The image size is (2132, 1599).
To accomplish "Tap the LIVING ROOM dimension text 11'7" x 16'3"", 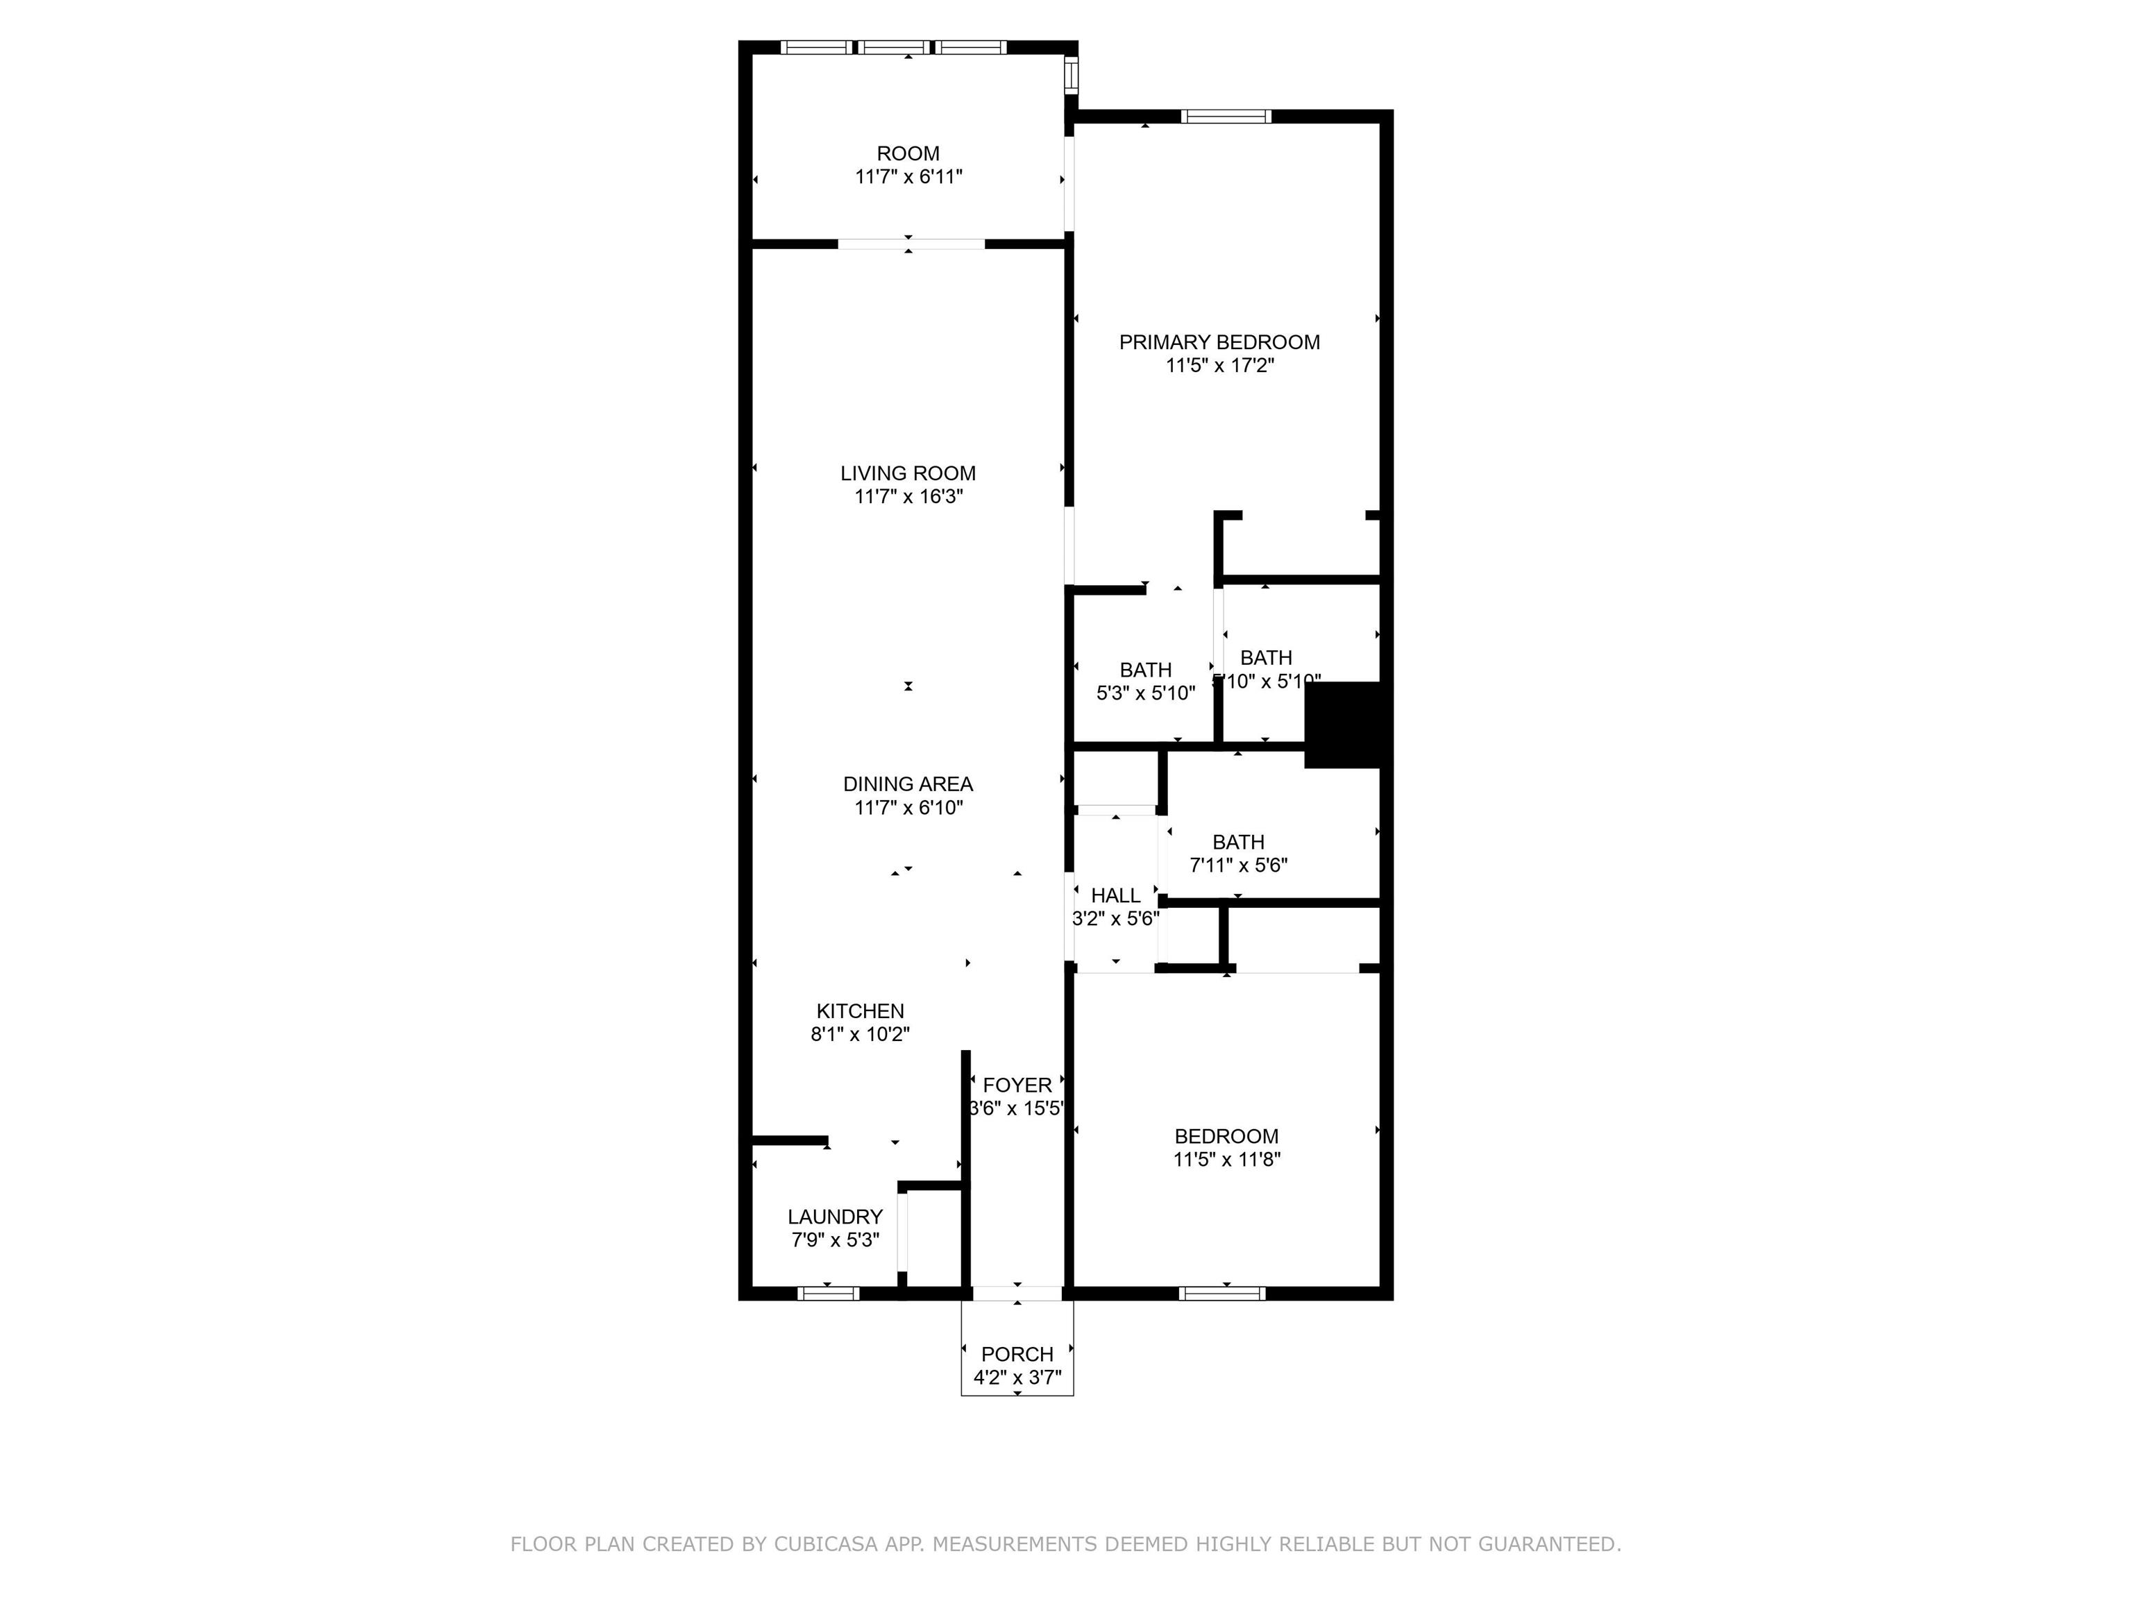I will (908, 496).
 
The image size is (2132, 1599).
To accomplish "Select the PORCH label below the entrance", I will (1017, 1354).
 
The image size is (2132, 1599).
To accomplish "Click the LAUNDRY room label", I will (835, 1217).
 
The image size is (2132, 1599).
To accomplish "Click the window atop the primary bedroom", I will (1226, 117).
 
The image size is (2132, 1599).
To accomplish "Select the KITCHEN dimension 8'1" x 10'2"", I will (860, 1034).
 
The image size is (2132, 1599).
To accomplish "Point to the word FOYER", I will (1017, 1085).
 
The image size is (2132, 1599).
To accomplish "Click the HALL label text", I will (1115, 895).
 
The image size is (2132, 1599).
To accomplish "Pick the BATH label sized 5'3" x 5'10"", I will (1145, 670).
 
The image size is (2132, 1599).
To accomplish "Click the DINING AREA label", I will (908, 784).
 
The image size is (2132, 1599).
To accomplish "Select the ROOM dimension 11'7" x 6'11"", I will (908, 176).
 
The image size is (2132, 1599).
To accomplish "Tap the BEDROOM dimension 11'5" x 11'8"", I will (1226, 1160).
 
